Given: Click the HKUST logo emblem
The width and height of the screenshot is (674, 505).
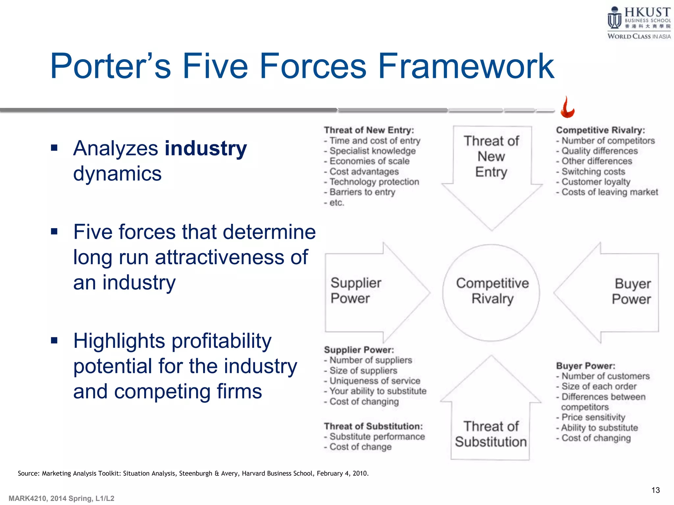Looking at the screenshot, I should pyautogui.click(x=614, y=18).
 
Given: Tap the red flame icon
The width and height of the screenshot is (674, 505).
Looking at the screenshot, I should pyautogui.click(x=567, y=108).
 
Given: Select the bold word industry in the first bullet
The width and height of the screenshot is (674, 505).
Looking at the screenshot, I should pyautogui.click(x=206, y=149).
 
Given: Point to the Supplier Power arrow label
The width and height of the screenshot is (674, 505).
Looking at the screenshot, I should pyautogui.click(x=355, y=291).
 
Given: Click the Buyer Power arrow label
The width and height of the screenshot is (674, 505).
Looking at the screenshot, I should pyautogui.click(x=631, y=291).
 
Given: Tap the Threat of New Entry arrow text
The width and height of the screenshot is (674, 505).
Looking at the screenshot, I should pyautogui.click(x=491, y=156).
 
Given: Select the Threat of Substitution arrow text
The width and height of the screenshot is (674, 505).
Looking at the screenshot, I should pyautogui.click(x=491, y=434).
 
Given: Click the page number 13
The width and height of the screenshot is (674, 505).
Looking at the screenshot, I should pyautogui.click(x=655, y=490).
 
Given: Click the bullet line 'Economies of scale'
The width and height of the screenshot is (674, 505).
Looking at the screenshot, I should pyautogui.click(x=369, y=161).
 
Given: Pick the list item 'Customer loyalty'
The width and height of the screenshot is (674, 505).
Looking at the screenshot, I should pyautogui.click(x=596, y=182).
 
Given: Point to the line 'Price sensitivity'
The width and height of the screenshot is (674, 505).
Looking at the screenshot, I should pyautogui.click(x=593, y=417).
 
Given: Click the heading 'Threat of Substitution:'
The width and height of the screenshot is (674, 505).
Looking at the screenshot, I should pyautogui.click(x=373, y=426).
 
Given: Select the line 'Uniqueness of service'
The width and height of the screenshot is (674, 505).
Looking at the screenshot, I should pyautogui.click(x=375, y=381).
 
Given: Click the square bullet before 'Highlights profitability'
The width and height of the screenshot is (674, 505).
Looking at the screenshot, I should pyautogui.click(x=54, y=340).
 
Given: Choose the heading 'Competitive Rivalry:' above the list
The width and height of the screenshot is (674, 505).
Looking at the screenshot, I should pyautogui.click(x=600, y=130).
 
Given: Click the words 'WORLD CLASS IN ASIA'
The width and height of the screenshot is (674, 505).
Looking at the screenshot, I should pyautogui.click(x=639, y=36).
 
